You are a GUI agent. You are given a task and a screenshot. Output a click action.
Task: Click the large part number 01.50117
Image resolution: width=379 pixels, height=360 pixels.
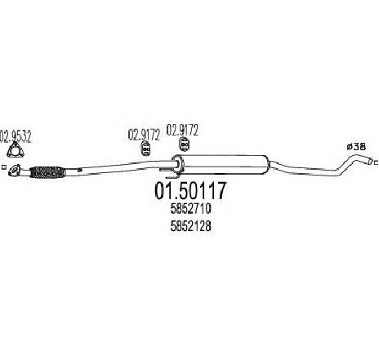click(190, 191)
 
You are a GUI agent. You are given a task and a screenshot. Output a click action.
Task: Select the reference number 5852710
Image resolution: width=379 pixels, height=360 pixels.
click(191, 209)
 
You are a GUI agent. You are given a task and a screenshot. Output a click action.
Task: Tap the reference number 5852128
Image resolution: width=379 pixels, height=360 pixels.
click(191, 226)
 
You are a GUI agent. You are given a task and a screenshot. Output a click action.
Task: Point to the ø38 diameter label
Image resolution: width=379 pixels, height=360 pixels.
click(356, 147)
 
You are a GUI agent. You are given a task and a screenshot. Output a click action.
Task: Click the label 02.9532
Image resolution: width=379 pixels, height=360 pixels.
click(16, 137)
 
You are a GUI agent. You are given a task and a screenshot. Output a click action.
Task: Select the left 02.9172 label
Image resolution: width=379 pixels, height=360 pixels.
click(144, 135)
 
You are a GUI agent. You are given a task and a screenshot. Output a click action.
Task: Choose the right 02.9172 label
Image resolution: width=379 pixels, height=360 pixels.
click(182, 131)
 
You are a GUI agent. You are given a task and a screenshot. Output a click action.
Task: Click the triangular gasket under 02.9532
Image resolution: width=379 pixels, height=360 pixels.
click(16, 150)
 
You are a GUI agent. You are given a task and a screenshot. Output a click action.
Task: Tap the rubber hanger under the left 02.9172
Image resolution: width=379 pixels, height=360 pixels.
click(146, 149)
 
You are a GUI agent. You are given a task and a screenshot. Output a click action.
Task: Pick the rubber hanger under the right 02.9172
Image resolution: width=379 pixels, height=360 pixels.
click(184, 144)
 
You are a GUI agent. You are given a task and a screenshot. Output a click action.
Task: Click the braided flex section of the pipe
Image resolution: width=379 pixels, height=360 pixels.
click(47, 172)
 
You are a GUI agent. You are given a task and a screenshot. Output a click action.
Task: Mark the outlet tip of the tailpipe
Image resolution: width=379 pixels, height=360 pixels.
click(370, 162)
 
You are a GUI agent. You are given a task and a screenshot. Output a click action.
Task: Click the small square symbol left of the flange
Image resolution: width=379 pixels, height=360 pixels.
click(3, 167)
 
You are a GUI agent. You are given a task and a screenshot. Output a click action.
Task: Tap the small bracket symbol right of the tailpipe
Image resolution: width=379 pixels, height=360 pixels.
click(376, 162)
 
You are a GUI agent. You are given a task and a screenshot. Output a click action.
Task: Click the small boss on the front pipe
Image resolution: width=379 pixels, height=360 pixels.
click(79, 170)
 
